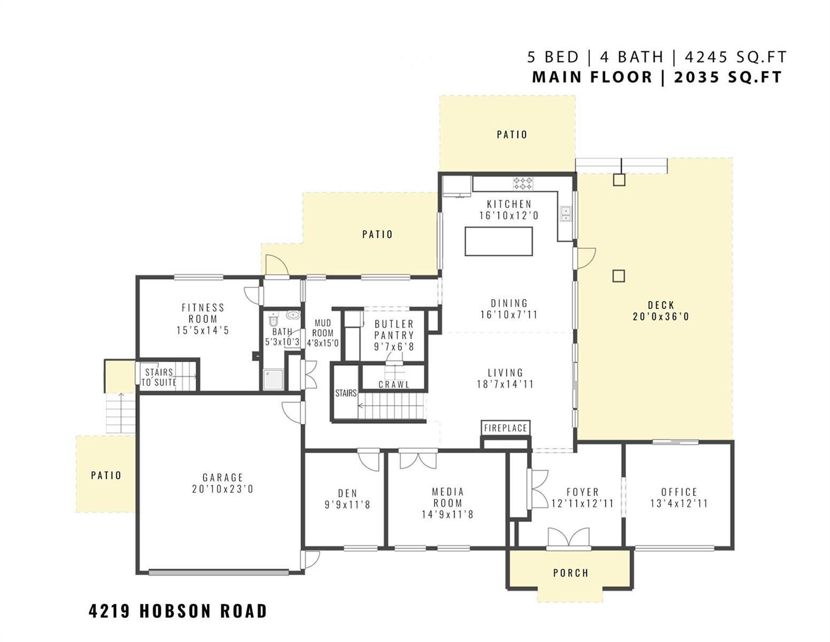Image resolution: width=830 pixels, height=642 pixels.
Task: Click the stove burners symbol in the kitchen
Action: coord(523,183)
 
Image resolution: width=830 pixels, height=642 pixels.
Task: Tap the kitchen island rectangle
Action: coord(499,241)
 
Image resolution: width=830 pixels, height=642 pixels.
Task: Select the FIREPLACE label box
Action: coord(506,428)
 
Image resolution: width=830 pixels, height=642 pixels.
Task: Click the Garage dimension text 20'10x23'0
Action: coord(223,489)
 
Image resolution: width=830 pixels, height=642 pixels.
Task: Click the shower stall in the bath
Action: coord(273,379)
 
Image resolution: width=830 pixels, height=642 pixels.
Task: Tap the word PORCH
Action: coord(571,573)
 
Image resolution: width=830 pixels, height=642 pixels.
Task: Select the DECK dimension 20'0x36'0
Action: coord(661,317)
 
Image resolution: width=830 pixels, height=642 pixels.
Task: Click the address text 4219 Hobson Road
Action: coord(177,610)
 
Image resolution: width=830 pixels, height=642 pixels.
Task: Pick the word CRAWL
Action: coord(394,384)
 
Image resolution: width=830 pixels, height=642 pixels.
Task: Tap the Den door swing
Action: coord(369,461)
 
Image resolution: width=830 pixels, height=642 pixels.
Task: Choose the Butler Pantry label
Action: coord(394,330)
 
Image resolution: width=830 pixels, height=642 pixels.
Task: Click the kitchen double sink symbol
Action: coord(565,215)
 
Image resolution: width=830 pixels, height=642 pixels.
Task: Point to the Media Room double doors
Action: coord(418,460)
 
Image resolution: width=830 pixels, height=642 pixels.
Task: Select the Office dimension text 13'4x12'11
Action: coord(679,503)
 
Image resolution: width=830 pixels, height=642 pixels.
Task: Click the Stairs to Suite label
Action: coord(159,377)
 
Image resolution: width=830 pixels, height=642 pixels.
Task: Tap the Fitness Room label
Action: coord(203,313)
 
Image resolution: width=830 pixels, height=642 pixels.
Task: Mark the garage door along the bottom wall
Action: coord(219,572)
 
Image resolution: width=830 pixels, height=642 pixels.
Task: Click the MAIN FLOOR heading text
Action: coord(592,77)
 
